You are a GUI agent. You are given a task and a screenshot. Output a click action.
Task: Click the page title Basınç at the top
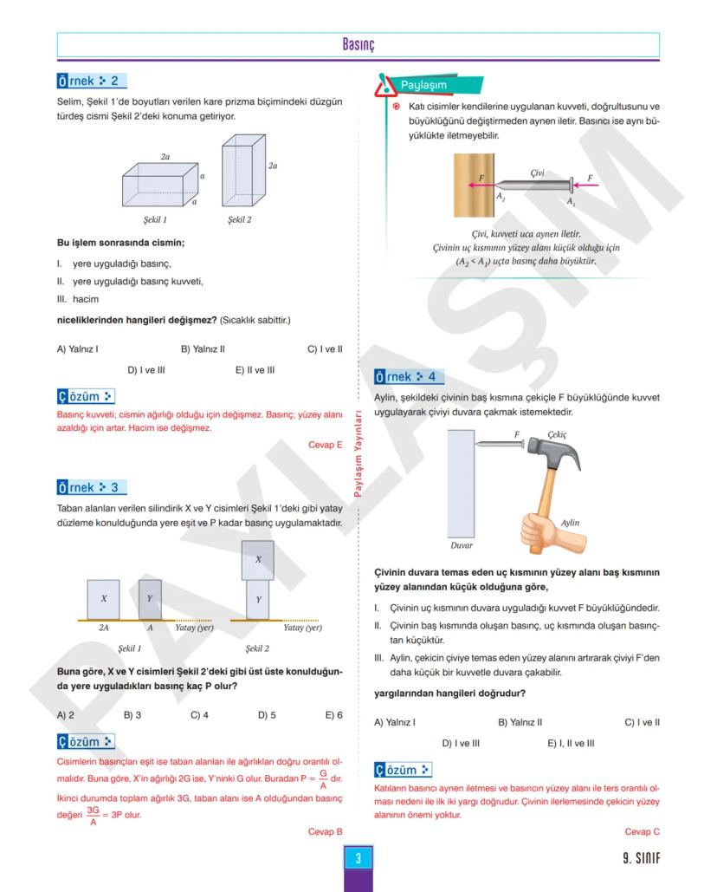pos(358,44)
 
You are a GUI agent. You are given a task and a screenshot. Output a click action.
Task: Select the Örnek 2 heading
pos(91,81)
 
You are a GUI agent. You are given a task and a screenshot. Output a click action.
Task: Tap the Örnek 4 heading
pos(409,377)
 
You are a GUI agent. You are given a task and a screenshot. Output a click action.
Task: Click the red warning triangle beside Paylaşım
pos(384,86)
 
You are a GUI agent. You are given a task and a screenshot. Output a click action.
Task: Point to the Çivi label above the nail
pos(538,173)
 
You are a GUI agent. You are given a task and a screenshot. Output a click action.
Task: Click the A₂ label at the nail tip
pos(501,198)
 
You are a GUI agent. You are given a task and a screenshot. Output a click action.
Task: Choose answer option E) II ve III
pos(255,369)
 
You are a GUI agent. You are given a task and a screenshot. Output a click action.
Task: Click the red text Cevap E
pos(326,445)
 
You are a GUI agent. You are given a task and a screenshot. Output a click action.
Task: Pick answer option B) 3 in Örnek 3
pos(132,715)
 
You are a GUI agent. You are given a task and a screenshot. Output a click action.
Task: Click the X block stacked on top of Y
pos(258,559)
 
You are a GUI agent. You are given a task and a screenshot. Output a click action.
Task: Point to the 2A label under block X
pos(104,628)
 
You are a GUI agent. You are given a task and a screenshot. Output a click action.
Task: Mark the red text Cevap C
pos(642,831)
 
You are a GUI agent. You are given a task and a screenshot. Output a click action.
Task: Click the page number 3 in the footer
pos(358,860)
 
